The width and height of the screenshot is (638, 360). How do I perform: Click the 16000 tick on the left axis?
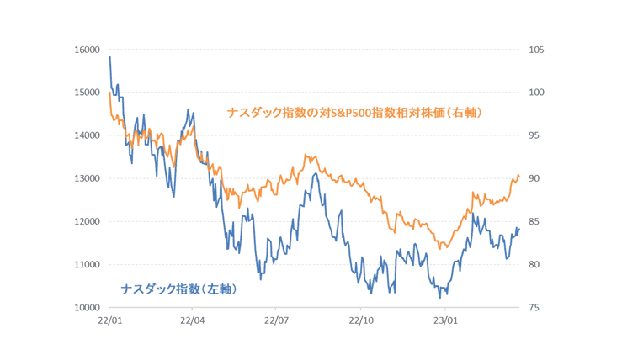88,50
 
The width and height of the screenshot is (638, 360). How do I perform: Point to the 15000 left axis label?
88,93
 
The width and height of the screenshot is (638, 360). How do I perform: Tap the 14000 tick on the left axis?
88,135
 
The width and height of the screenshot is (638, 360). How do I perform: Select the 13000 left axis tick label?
88,178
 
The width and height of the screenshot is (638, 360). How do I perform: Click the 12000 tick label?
88,221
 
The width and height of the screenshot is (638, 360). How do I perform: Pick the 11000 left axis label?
88,265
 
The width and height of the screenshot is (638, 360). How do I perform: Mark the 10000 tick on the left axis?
88,308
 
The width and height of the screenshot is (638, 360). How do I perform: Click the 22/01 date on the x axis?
109,320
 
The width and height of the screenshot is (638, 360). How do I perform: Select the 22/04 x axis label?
193,320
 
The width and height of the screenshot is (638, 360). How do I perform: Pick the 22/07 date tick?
277,320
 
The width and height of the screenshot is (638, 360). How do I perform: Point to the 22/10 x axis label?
361,320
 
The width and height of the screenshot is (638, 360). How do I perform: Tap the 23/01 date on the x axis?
445,320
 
